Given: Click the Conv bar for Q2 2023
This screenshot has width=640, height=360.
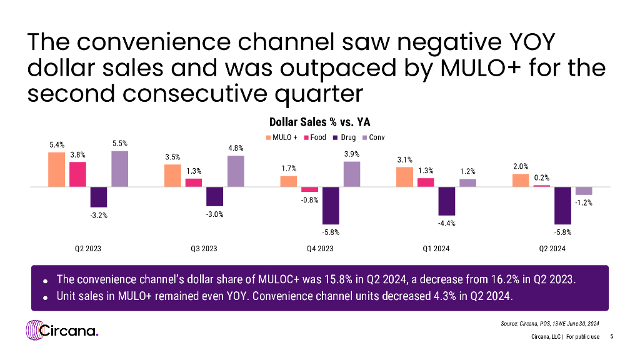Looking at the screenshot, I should [x=119, y=169].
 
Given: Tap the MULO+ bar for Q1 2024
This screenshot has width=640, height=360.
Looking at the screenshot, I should [x=404, y=177].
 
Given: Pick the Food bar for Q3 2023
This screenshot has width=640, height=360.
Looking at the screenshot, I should [x=194, y=182].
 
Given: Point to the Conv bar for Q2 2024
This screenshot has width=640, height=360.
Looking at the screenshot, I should [x=584, y=191].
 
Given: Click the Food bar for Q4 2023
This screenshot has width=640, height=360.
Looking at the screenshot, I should [x=309, y=189].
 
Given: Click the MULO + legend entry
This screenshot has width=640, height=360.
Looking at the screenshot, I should [x=282, y=137].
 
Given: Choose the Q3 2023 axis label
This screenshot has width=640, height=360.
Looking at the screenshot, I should [x=204, y=248].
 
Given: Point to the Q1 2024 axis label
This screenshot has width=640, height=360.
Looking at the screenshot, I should [x=436, y=248].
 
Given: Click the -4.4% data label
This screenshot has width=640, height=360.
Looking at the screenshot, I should [x=446, y=223].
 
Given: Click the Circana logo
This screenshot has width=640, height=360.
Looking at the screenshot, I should [x=62, y=331].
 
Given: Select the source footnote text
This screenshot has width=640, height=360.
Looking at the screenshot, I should [x=551, y=323].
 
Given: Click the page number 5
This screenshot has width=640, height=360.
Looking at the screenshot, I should [x=611, y=337].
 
